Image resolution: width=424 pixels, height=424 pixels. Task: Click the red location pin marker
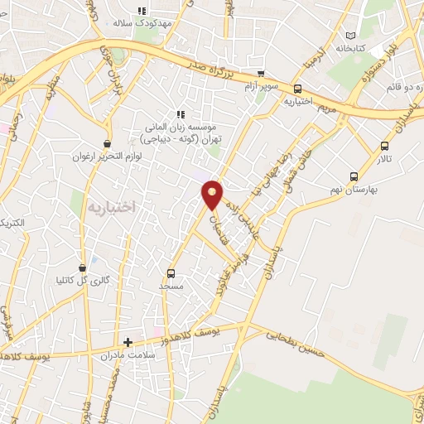pyautogui.click(x=213, y=194)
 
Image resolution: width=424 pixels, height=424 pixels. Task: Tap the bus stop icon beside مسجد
pyautogui.click(x=171, y=272)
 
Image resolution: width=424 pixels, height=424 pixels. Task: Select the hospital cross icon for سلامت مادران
pyautogui.click(x=128, y=341)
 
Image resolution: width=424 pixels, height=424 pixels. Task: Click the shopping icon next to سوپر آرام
pyautogui.click(x=261, y=74)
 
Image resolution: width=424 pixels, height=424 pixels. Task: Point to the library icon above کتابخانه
pyautogui.click(x=352, y=36)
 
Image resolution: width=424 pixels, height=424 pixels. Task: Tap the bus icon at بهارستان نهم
pyautogui.click(x=354, y=176)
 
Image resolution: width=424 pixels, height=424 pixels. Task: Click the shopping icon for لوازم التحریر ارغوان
pyautogui.click(x=107, y=143)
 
